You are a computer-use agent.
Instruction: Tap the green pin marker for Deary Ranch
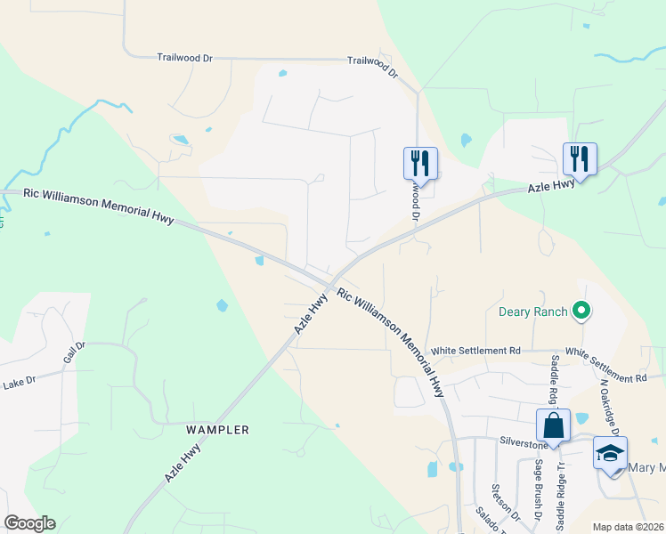click(x=582, y=311)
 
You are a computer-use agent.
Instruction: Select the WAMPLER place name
click(x=217, y=430)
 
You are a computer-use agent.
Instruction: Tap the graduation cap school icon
click(x=610, y=453)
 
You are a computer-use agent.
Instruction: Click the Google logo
click(x=29, y=523)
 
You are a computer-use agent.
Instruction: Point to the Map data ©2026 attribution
click(x=628, y=527)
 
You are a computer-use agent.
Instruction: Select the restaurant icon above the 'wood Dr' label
click(x=420, y=162)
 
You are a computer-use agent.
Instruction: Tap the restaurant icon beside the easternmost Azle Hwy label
click(x=580, y=158)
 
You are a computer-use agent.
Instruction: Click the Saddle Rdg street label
click(x=555, y=376)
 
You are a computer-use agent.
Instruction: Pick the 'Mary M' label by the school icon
click(x=647, y=468)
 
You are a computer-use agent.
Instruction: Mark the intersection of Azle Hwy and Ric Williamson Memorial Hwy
click(x=331, y=286)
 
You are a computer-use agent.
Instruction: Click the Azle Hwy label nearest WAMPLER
click(x=183, y=464)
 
